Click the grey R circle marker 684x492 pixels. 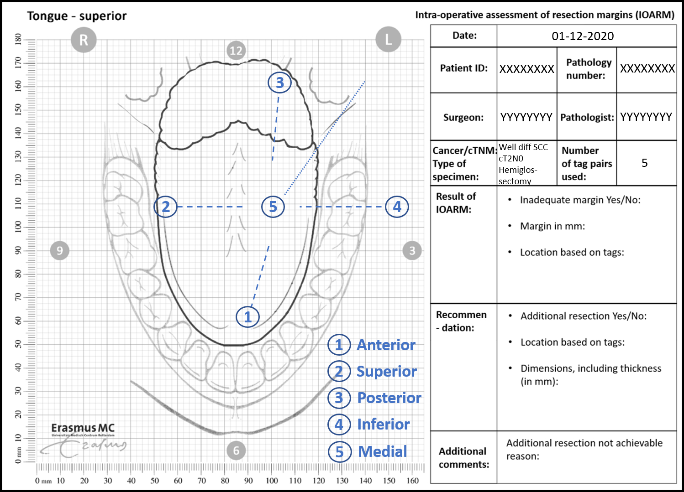pos(84,40)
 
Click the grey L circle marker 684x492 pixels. pos(388,39)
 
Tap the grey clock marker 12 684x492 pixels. pos(236,51)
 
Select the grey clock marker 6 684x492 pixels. pos(236,451)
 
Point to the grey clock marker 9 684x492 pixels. pos(59,250)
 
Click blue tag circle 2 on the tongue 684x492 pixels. pos(165,207)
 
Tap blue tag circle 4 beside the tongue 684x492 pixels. pos(397,207)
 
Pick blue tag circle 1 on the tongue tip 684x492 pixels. pos(247,316)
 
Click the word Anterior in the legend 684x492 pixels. pos(386,345)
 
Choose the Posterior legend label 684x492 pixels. pos(389,398)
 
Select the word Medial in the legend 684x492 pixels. pos(382,451)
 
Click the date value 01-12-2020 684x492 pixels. pos(583,36)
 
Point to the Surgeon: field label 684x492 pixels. pos(463,117)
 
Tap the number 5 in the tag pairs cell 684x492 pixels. pos(644,163)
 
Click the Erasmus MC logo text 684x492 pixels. pos(83,428)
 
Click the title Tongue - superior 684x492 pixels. pos(77,16)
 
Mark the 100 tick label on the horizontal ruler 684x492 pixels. pos(272,481)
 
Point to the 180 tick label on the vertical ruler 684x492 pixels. pos(18,39)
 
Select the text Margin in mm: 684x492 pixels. pos(552,226)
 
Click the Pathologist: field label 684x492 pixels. pos(587,117)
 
